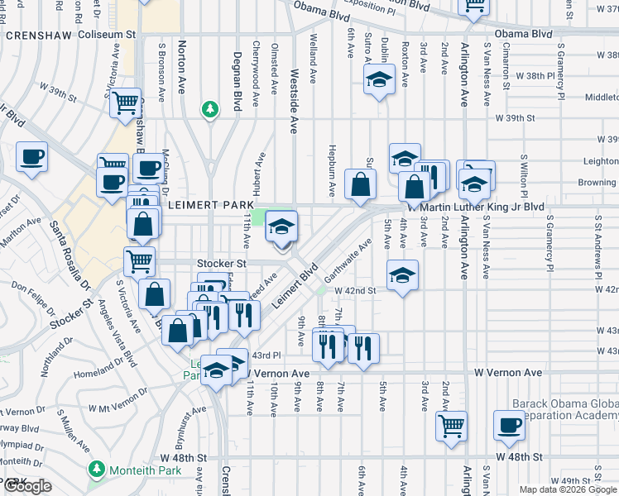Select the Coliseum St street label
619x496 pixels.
point(107,36)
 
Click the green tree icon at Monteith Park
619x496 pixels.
point(97,470)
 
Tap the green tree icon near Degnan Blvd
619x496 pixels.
point(210,109)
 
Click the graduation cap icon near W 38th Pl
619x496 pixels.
point(379,79)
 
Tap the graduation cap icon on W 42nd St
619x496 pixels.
point(402,274)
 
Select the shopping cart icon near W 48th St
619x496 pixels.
point(452,425)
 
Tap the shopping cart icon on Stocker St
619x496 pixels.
point(139,260)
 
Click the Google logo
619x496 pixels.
point(26,487)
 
